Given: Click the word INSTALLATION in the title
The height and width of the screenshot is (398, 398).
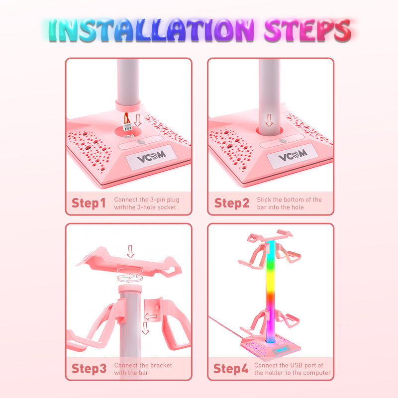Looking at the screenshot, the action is pos(151,30).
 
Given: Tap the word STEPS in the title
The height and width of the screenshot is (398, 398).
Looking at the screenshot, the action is pos(307,30).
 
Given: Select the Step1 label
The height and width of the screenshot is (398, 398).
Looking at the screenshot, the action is pos(89,203).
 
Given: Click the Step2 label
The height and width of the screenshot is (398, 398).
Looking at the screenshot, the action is pos(232,203).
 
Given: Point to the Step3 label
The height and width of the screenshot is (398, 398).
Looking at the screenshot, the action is pos(89,369).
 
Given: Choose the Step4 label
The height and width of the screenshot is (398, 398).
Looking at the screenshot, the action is pos(231,369).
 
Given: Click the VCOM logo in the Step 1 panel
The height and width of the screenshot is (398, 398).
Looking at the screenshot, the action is pos(151,158).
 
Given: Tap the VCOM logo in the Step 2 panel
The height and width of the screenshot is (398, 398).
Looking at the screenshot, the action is pos(293,156).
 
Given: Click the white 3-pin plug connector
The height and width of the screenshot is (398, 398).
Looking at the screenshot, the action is pos(127,126).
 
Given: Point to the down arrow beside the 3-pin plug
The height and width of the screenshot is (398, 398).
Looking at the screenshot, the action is pos(138,120).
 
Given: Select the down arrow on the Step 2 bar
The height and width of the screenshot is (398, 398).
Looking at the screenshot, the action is pos(269,120).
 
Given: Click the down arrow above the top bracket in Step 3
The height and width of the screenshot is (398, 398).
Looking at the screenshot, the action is pos(130,251).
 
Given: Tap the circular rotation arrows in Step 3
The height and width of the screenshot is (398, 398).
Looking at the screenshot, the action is pos(130,278).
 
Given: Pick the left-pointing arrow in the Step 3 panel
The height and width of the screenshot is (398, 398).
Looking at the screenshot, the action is pos(151,316).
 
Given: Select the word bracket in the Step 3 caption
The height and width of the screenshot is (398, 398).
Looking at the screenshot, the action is pos(161,365).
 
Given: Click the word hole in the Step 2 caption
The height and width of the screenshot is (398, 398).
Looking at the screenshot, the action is pos(298,207).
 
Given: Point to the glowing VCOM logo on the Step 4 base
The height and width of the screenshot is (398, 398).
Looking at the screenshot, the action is pos(281,350).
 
